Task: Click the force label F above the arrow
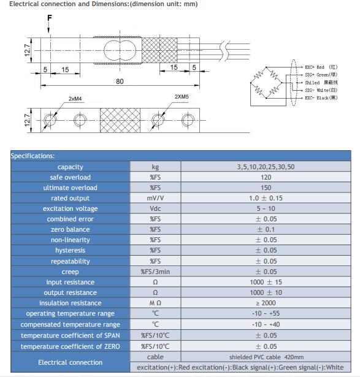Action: [x=50, y=18]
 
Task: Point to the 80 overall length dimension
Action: [x=120, y=82]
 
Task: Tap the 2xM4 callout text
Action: [x=75, y=99]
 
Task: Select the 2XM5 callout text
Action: [x=182, y=97]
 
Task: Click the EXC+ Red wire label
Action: [x=321, y=67]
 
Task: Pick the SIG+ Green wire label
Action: [x=321, y=75]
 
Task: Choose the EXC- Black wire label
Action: [x=321, y=98]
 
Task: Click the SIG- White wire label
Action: [x=321, y=90]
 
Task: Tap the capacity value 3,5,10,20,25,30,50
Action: [x=266, y=167]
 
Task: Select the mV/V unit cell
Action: [x=155, y=198]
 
